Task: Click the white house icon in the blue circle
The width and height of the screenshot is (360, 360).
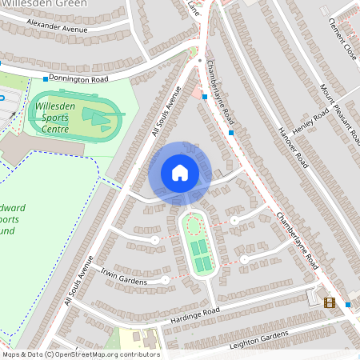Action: pyautogui.click(x=179, y=172)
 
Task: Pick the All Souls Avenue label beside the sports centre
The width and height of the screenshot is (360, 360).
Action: pyautogui.click(x=165, y=111)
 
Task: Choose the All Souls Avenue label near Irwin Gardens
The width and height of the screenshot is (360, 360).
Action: pyautogui.click(x=78, y=282)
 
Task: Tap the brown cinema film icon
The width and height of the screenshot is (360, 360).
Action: pyautogui.click(x=328, y=302)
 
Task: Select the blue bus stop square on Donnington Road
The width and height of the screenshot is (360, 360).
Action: pyautogui.click(x=45, y=79)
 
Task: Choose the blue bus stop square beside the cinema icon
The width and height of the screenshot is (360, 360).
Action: pyautogui.click(x=348, y=304)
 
